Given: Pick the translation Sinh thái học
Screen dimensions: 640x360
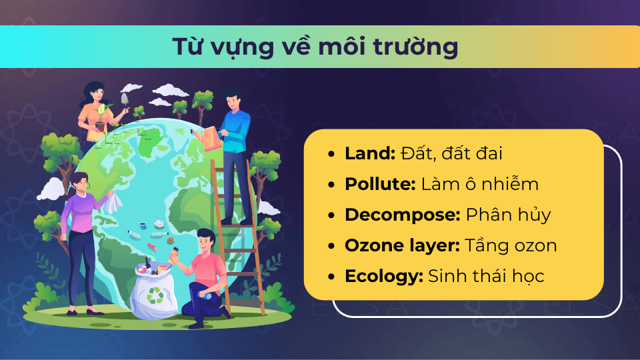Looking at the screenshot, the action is [486, 276].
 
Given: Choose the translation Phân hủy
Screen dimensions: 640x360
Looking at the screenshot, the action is [508, 215].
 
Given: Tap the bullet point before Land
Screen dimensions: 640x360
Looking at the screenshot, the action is [331, 154].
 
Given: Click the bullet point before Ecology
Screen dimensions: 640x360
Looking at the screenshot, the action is [331, 276].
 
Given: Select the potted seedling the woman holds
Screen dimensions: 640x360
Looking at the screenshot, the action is [101, 117].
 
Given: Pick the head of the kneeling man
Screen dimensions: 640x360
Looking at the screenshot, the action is [206, 241].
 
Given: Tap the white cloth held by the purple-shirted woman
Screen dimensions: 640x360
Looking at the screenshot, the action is [113, 203].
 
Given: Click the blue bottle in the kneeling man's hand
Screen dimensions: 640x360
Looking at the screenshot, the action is [205, 295].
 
